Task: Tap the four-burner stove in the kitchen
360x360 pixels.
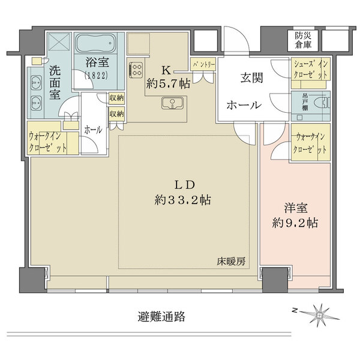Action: coord(136,70)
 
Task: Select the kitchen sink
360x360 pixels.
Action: coord(172,103)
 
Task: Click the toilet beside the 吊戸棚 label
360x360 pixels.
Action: coord(325,102)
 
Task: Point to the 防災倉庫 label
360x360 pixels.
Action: coord(303,40)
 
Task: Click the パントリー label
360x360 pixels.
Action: coord(203,65)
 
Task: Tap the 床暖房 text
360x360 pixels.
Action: coord(231,262)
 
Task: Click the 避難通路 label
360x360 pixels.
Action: coord(161,317)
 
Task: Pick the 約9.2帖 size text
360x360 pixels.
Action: coord(295,223)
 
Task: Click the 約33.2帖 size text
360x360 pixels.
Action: coord(183,200)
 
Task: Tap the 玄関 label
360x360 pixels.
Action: coord(251,78)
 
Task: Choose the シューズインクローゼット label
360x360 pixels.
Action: coord(310,69)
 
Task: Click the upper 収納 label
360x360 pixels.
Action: coord(116,98)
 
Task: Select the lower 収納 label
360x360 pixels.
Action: coord(116,114)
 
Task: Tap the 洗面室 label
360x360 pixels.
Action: coord(55,82)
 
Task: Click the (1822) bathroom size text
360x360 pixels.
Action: coord(96,75)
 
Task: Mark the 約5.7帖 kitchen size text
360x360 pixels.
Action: coord(168,84)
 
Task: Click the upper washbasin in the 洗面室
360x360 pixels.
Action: coord(37,83)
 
